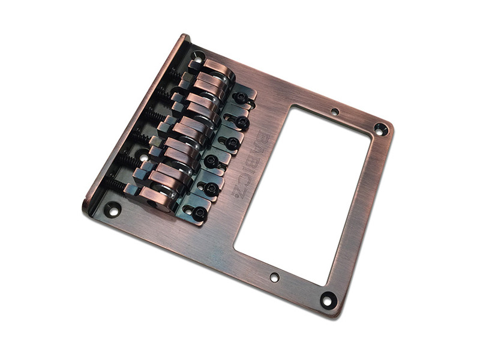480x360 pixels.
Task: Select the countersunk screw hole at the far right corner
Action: click(x=380, y=128)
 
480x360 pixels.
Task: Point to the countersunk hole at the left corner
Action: click(x=112, y=209)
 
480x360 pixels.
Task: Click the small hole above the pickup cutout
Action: click(x=335, y=112)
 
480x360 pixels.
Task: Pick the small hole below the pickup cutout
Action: click(x=274, y=277)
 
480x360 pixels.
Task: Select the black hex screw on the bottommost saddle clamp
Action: click(x=199, y=212)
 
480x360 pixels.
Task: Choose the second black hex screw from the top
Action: click(x=241, y=122)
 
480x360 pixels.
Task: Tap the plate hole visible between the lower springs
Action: click(x=144, y=158)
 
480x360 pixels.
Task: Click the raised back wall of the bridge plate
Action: click(x=138, y=114)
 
